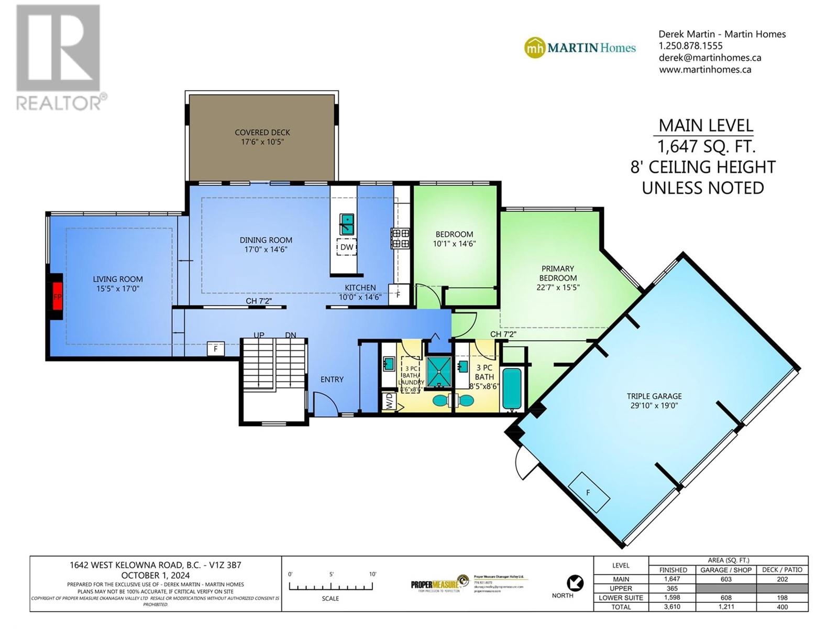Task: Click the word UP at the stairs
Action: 259,335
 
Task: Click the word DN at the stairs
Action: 291,335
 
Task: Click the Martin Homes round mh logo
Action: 534,48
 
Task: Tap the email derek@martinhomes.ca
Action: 710,58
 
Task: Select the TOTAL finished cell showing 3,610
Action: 672,607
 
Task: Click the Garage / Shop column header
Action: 726,570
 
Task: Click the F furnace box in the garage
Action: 589,493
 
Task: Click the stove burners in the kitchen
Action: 401,238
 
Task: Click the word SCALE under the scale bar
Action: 330,598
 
